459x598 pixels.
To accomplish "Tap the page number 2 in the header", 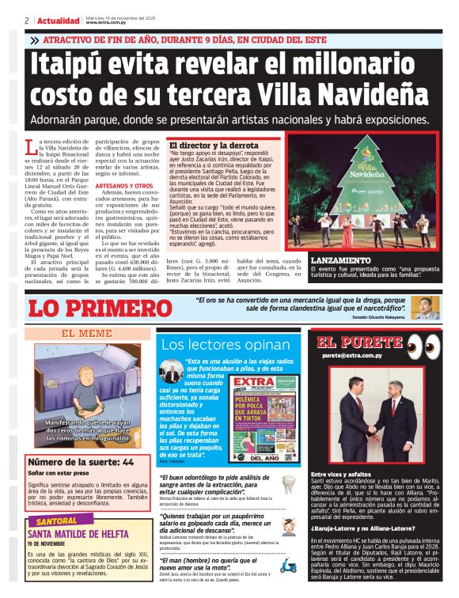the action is (26, 21).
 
